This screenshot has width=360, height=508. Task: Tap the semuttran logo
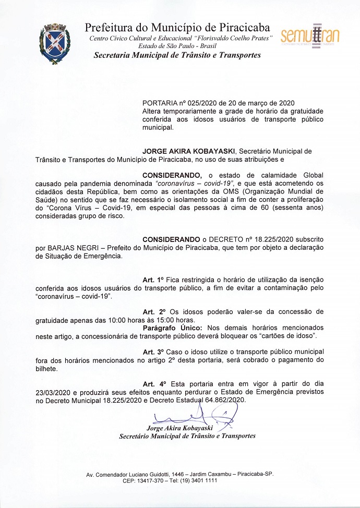coord(310,36)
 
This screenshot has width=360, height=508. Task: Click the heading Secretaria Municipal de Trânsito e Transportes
coord(177,55)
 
